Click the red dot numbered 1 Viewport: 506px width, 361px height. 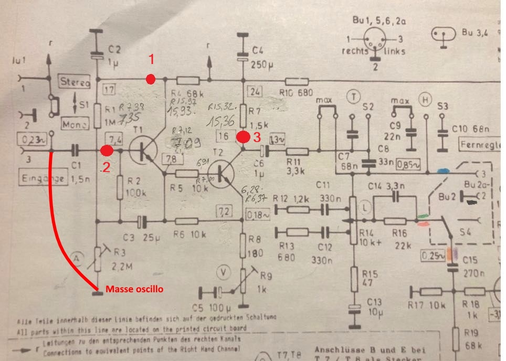point(151,79)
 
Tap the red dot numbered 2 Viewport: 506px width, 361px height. point(107,151)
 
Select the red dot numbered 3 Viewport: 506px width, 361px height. point(243,137)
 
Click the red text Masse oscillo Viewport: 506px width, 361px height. point(135,289)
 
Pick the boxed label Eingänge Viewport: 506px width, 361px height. point(44,177)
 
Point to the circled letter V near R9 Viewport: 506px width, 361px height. point(224,271)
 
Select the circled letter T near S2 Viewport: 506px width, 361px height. point(352,97)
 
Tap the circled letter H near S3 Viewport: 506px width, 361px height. point(425,98)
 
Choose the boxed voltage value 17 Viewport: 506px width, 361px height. point(110,90)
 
